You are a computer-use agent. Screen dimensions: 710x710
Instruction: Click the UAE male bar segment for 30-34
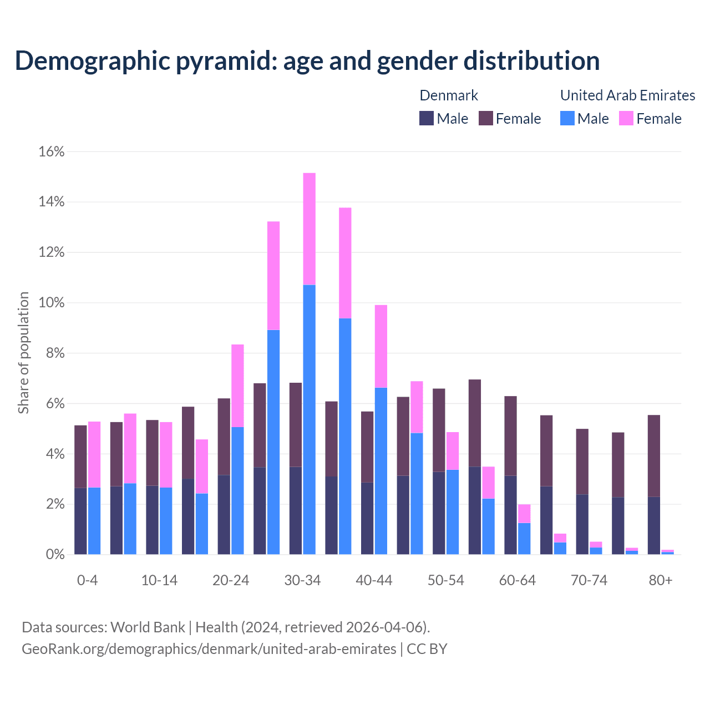309,419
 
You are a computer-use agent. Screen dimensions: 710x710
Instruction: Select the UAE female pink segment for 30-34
309,229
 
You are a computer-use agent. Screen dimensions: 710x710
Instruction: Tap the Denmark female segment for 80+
654,455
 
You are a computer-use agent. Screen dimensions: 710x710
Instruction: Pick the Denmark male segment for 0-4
80,521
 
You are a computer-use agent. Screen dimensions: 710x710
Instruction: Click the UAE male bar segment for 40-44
381,471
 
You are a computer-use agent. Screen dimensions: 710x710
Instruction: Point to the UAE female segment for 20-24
237,386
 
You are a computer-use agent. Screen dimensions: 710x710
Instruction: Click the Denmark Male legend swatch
427,118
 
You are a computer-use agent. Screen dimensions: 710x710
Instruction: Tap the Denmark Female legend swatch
486,118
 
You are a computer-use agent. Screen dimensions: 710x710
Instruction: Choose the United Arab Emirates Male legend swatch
567,118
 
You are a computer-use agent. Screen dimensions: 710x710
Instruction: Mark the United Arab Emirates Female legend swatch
626,118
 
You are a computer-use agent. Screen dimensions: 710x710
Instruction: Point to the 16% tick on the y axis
51,151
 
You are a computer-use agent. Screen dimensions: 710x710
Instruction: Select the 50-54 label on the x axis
445,580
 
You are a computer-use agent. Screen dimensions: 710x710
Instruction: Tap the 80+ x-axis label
661,580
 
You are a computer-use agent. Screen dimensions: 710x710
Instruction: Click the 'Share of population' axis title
23,353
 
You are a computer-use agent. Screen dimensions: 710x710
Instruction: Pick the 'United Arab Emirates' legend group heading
627,95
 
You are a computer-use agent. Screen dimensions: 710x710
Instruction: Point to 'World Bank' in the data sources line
148,627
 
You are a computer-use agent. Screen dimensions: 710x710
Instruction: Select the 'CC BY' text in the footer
427,649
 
